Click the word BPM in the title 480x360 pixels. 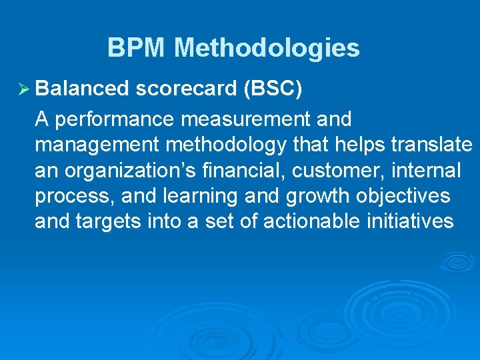tap(137, 48)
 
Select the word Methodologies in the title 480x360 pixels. tap(267, 48)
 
